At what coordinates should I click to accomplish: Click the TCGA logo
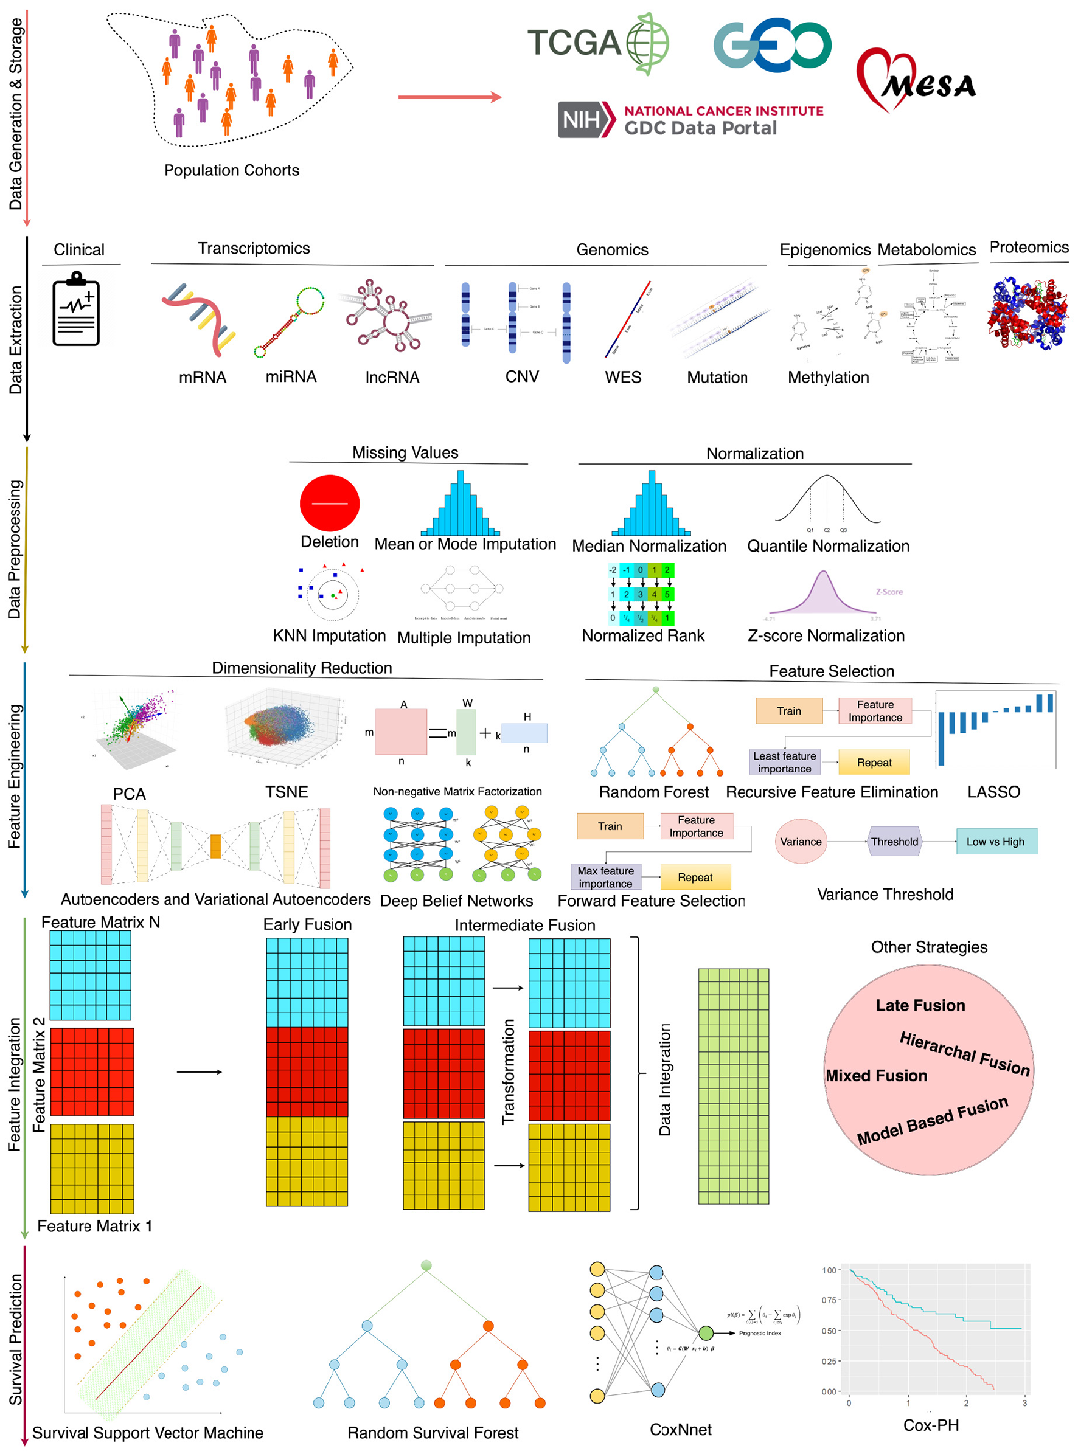[x=597, y=43]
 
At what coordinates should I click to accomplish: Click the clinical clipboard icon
[x=76, y=311]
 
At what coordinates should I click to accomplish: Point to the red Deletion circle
[x=330, y=503]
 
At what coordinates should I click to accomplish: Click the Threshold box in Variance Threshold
[x=894, y=842]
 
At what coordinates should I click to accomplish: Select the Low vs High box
[x=996, y=842]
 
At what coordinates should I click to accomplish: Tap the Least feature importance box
[x=784, y=762]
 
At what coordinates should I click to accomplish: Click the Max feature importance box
[x=605, y=877]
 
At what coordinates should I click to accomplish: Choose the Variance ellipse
[x=801, y=842]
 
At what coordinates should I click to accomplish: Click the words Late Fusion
[x=920, y=1005]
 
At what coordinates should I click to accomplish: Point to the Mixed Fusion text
[x=877, y=1076]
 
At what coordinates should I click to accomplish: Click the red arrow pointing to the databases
[x=450, y=97]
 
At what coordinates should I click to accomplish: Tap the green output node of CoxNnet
[x=706, y=1332]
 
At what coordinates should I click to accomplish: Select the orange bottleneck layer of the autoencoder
[x=215, y=846]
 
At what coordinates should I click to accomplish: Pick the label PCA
[x=129, y=794]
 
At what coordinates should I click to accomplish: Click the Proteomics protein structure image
[x=1028, y=314]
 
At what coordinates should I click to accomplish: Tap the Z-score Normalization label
[x=826, y=635]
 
